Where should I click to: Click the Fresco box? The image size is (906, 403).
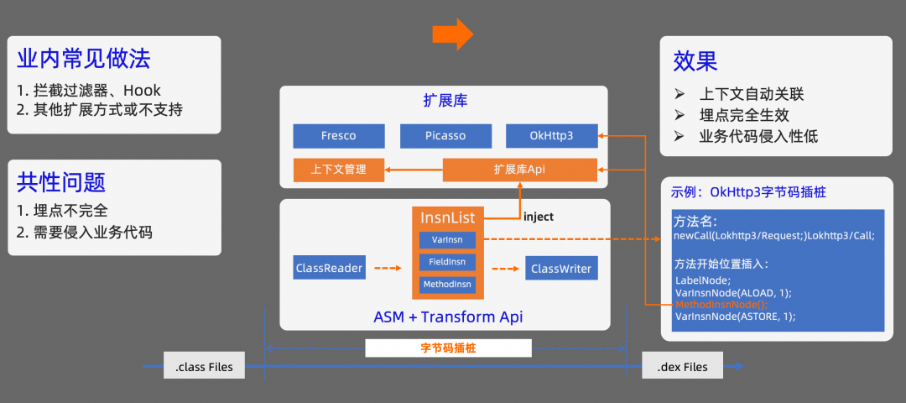point(338,136)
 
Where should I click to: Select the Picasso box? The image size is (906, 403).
point(445,136)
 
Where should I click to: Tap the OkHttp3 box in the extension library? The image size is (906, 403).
point(551,136)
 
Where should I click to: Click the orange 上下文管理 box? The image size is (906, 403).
point(338,170)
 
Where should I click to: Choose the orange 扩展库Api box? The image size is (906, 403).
point(519,170)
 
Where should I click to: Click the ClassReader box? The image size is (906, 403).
point(330,269)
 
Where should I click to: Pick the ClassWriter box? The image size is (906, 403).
point(561,269)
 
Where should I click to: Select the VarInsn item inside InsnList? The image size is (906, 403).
point(447,240)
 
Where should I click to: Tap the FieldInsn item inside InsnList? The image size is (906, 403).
point(447,262)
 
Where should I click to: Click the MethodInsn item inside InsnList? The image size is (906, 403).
point(447,285)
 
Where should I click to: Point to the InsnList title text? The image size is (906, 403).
point(447,218)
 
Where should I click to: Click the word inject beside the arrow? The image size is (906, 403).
point(539,217)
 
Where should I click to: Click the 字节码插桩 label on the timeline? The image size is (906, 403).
point(448,348)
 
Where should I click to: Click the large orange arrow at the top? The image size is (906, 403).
point(452,34)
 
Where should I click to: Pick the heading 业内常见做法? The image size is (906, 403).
point(84,59)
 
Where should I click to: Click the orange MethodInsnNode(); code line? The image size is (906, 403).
point(721,304)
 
